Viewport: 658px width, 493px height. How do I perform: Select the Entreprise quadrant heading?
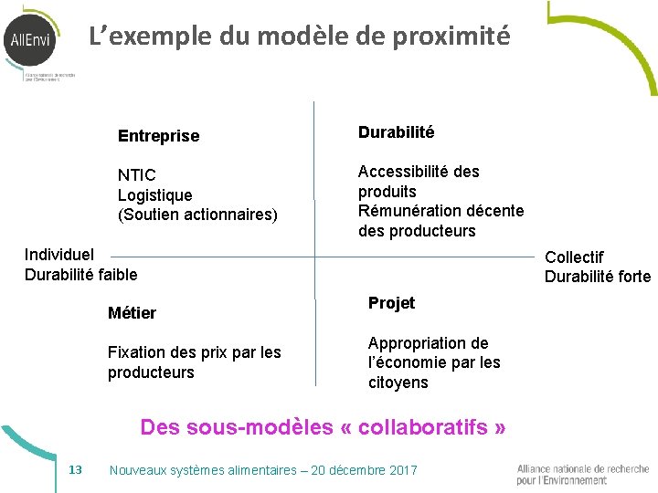(x=158, y=136)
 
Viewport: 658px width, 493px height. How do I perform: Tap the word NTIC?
(x=137, y=175)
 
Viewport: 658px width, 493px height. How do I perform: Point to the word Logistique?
(x=154, y=195)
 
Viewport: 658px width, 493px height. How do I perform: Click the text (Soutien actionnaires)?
(x=197, y=215)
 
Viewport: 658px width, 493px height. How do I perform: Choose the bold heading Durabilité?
(x=396, y=132)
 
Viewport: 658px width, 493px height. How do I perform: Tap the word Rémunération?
(x=411, y=211)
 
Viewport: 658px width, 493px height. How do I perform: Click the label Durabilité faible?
(x=80, y=275)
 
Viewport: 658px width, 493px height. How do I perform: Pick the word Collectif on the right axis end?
(x=574, y=257)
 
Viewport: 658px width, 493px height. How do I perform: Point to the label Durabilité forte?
(x=598, y=278)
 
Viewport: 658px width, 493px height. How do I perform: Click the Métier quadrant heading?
(x=132, y=313)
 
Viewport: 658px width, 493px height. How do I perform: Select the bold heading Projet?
(x=391, y=303)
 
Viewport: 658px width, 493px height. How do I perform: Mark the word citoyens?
(x=398, y=383)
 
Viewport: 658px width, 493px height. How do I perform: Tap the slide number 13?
(x=76, y=469)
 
